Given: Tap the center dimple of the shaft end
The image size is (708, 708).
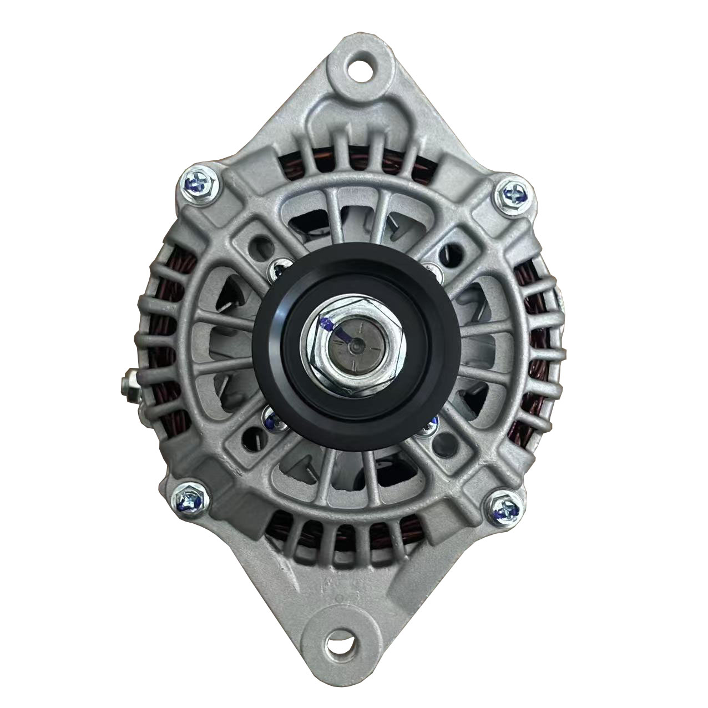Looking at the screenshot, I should pos(353,345).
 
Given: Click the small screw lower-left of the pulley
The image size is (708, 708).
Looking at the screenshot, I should pos(271,419).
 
